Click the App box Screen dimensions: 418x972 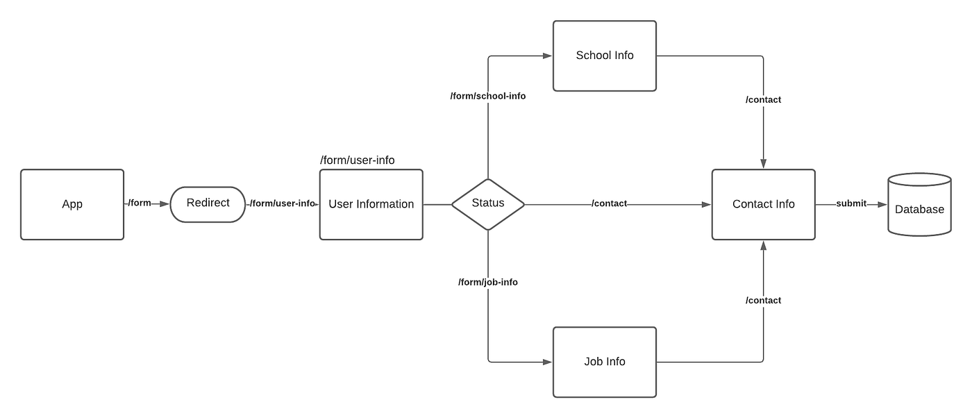(72, 204)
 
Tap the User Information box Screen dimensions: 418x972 (371, 204)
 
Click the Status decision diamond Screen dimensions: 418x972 (487, 204)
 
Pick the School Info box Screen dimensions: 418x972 (604, 56)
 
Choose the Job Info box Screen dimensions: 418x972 (604, 362)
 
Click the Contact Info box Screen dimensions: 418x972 (763, 204)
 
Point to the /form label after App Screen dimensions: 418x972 (140, 203)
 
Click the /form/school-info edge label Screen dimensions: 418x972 (487, 97)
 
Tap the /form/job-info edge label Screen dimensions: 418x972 (487, 282)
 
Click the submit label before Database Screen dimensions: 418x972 (850, 203)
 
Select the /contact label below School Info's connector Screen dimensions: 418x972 (763, 100)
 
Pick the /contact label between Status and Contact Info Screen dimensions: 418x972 (609, 203)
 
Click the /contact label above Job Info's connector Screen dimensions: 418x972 (763, 301)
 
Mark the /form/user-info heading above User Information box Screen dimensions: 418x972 (357, 160)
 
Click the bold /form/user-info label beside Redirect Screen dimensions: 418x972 (282, 203)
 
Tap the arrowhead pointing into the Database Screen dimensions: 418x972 (882, 204)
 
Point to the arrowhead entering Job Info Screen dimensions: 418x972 (547, 362)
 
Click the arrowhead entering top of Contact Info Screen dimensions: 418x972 (763, 164)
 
